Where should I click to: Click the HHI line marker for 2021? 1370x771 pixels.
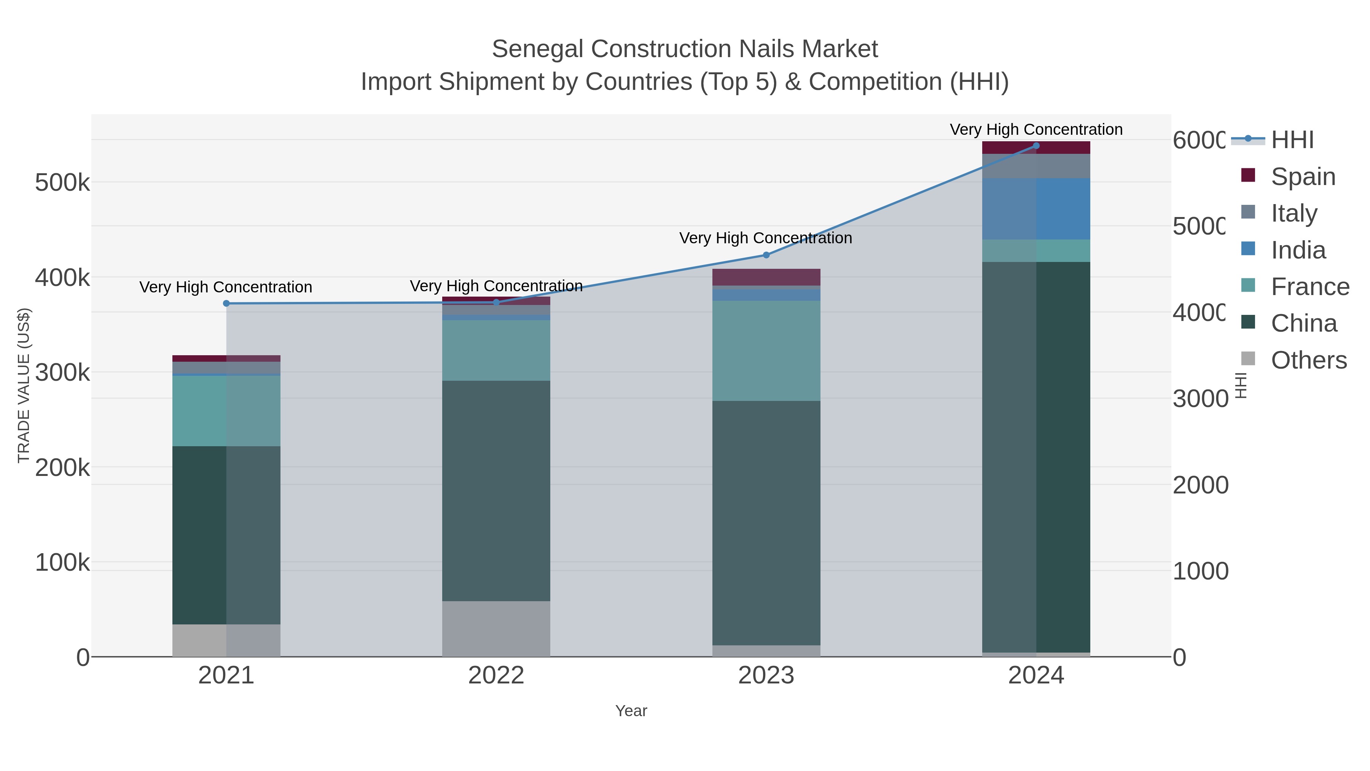click(x=226, y=303)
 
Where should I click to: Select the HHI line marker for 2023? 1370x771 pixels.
click(x=766, y=255)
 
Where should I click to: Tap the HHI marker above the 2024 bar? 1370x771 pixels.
click(x=1035, y=146)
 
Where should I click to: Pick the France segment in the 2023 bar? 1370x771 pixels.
click(x=766, y=350)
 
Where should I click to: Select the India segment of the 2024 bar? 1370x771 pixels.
click(x=1035, y=209)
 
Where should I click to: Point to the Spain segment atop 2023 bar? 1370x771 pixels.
click(x=766, y=277)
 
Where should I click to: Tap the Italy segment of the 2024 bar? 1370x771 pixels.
click(x=1035, y=166)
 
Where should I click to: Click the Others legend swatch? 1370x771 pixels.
click(x=1248, y=359)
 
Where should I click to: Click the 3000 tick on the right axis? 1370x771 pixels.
click(x=1200, y=399)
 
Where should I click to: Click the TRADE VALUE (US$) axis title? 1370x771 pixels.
click(x=24, y=385)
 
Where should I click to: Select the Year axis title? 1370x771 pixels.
click(x=631, y=711)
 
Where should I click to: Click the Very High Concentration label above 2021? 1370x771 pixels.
click(x=226, y=287)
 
